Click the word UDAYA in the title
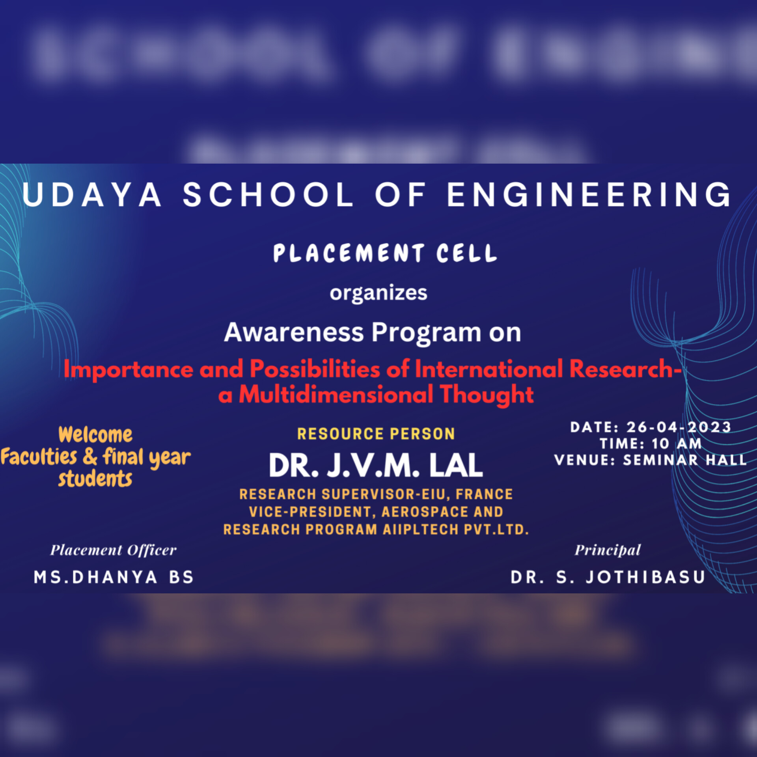click(91, 194)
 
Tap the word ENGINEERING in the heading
click(589, 194)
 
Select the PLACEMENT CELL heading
click(385, 253)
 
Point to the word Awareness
click(294, 332)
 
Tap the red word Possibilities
click(315, 369)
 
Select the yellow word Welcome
click(95, 435)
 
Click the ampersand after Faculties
click(90, 457)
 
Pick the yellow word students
click(95, 479)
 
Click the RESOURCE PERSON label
click(376, 434)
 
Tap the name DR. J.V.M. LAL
click(376, 466)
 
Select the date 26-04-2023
click(679, 427)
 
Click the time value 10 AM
click(677, 444)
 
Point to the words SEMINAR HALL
click(685, 460)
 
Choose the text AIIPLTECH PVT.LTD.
click(455, 530)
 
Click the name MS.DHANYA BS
click(114, 578)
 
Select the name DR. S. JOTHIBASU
click(608, 578)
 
